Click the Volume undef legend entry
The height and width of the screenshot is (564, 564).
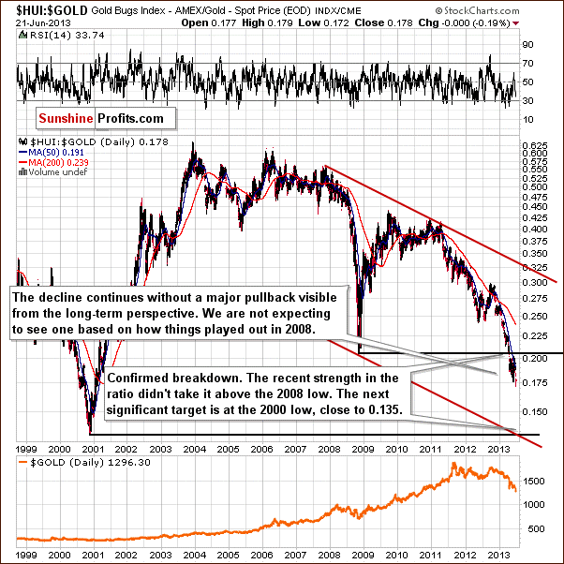coord(47,181)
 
